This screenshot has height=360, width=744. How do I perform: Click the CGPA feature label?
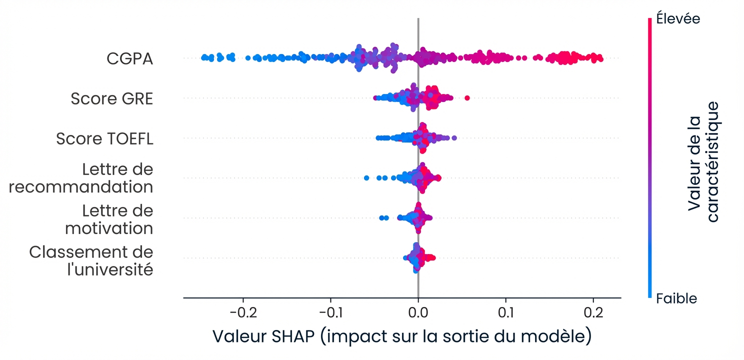tap(129, 58)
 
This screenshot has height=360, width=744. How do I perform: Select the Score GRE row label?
tap(111, 98)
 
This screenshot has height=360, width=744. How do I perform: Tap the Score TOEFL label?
tap(104, 138)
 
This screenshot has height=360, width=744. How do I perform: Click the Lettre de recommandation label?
tap(81, 178)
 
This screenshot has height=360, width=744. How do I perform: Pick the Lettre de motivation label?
tap(109, 219)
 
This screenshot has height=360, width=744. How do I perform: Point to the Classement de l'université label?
tap(91, 260)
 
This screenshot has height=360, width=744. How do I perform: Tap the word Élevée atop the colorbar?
tap(678, 19)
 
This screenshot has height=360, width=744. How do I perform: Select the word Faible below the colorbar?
tap(676, 298)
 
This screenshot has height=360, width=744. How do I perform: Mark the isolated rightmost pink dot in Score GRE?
tap(467, 97)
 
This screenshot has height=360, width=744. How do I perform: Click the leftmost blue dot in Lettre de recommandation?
tap(366, 177)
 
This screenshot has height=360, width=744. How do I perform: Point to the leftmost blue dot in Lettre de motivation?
tap(381, 218)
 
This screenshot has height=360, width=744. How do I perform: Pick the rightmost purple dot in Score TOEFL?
tap(454, 137)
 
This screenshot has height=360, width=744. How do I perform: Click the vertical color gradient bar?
tap(649, 158)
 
